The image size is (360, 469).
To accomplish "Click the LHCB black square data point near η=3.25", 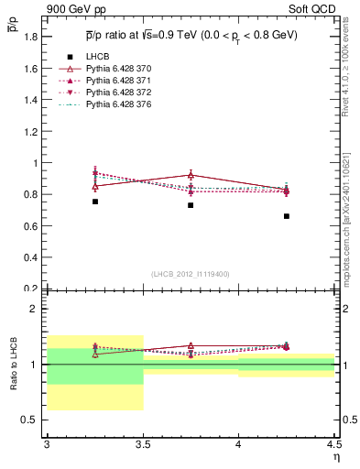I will [x=95, y=202].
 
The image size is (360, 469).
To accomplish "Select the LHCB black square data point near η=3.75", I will [x=191, y=205].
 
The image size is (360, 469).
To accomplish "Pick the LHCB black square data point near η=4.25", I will [x=287, y=216].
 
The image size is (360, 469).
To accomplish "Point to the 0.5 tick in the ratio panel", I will [x=34, y=420].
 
